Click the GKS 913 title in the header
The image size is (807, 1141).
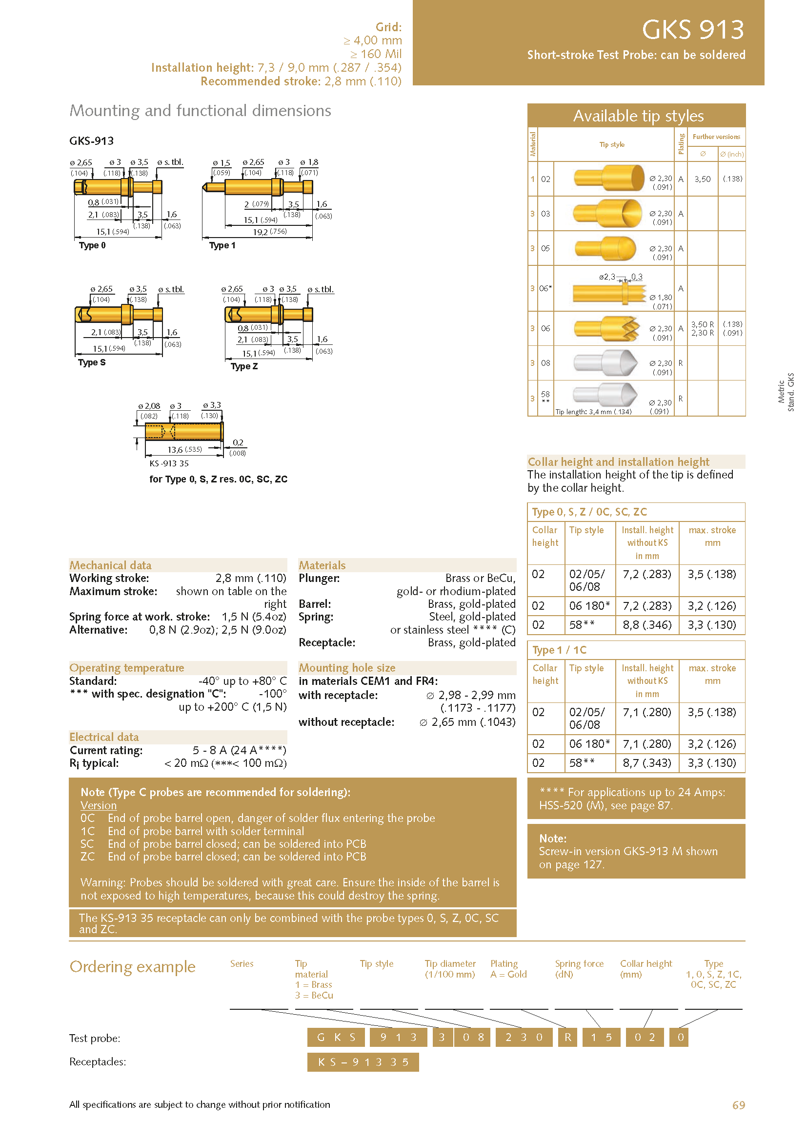(693, 29)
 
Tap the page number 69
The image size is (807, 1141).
(738, 1105)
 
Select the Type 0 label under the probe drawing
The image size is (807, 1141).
(92, 245)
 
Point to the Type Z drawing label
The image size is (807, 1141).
(244, 366)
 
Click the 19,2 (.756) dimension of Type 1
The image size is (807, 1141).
(269, 232)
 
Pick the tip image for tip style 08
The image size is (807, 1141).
(605, 363)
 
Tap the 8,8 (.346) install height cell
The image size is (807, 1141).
(646, 625)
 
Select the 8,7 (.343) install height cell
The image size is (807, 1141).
(646, 763)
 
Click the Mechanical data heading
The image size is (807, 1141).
(110, 565)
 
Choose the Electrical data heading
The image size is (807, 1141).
(104, 737)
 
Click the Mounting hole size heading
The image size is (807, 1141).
(347, 668)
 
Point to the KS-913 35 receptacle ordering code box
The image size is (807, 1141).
(363, 1062)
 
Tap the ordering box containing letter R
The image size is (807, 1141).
(567, 1037)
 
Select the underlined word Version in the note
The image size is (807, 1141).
(99, 805)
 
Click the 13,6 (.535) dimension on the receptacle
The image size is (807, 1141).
(184, 450)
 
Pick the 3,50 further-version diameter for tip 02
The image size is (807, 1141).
(702, 179)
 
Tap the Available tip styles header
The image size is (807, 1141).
(638, 116)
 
